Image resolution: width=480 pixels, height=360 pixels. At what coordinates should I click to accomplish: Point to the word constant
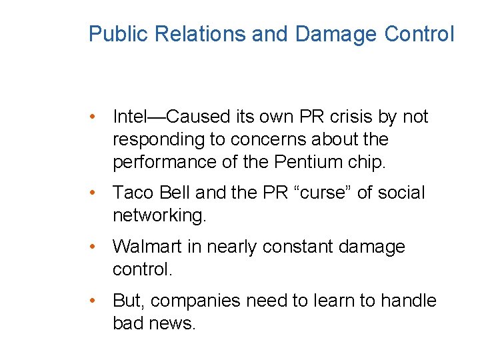coord(298,247)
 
